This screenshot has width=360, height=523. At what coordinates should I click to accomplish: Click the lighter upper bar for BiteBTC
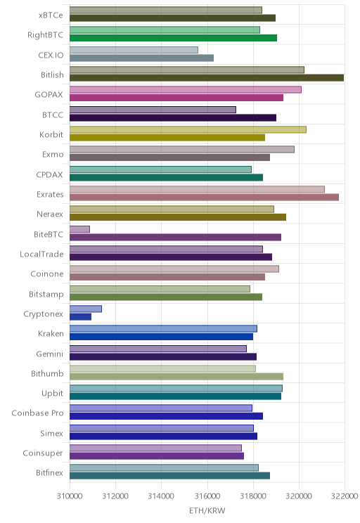tap(79, 229)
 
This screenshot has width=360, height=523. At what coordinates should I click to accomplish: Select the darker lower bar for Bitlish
tap(207, 78)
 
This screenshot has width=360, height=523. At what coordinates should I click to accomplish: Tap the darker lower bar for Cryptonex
tap(80, 316)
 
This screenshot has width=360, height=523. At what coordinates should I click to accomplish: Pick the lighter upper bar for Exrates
tap(197, 189)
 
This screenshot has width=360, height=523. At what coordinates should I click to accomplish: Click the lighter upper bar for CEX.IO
tap(134, 50)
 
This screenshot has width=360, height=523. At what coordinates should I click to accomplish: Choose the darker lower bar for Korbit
tap(167, 137)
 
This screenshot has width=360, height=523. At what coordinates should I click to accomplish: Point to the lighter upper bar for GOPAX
tap(186, 89)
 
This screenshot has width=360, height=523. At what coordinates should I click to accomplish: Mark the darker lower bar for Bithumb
tap(176, 376)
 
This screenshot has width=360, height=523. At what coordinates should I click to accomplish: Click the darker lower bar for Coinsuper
tap(157, 456)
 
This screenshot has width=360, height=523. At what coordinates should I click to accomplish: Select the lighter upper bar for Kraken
tap(164, 328)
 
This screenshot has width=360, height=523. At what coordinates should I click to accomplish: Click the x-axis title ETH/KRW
tap(207, 510)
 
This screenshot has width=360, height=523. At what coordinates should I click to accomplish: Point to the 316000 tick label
tap(207, 496)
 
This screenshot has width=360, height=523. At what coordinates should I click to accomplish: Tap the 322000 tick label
tap(345, 496)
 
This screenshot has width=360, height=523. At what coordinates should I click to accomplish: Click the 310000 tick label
tap(70, 496)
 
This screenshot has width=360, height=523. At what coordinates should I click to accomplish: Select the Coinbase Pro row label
tap(37, 413)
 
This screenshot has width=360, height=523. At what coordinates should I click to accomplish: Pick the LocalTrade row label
tap(41, 254)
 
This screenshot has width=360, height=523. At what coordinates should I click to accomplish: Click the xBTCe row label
tap(51, 15)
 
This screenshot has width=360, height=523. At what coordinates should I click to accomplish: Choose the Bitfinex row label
tap(49, 472)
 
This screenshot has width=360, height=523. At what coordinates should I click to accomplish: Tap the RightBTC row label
tap(46, 34)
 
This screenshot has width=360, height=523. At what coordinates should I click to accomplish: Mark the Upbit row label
tap(52, 393)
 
